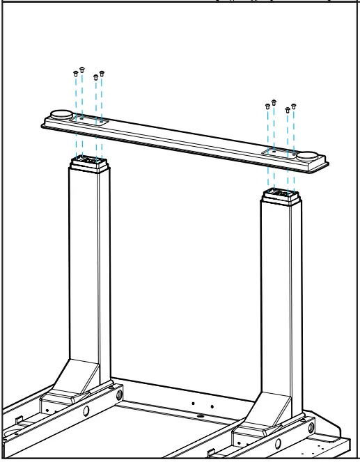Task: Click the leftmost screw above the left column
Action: click(x=75, y=72)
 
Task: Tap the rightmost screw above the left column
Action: click(x=102, y=72)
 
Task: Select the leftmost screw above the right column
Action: click(x=267, y=106)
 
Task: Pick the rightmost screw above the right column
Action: click(x=294, y=106)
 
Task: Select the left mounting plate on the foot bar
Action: click(x=88, y=120)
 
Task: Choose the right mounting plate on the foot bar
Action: click(x=281, y=151)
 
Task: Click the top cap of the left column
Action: click(x=89, y=163)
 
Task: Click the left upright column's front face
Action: click(x=82, y=264)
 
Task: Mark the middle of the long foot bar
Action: click(x=185, y=136)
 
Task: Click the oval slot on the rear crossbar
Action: click(x=201, y=417)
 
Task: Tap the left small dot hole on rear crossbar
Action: click(x=193, y=403)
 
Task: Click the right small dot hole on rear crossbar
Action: click(x=212, y=406)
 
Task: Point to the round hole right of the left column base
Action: click(x=120, y=395)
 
